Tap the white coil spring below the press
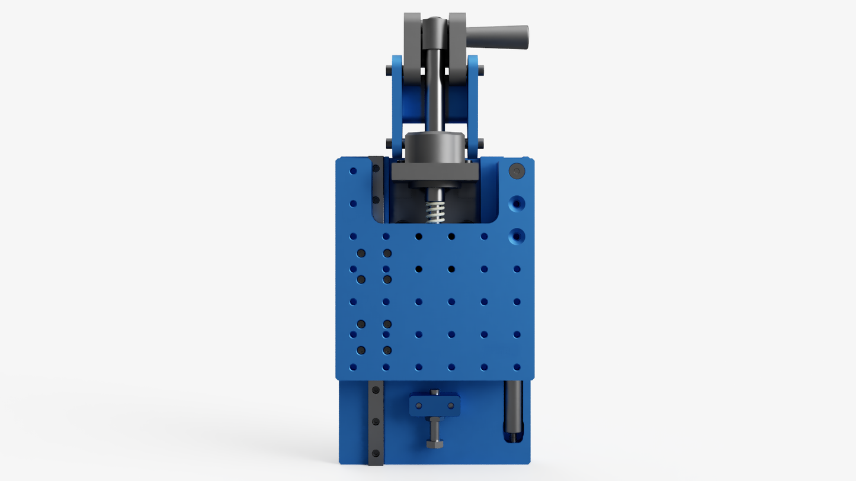[435, 212]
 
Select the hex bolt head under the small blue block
[435, 443]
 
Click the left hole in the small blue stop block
[419, 406]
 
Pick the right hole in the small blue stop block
[451, 406]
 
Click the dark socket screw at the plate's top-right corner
[517, 171]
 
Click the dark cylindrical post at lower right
[514, 408]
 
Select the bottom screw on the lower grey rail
[376, 453]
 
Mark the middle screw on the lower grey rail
[376, 422]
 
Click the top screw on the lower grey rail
[376, 390]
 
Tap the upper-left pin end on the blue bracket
[389, 70]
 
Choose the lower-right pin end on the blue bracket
[480, 144]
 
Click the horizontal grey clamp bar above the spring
[435, 172]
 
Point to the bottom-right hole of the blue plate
[517, 367]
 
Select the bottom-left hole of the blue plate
[353, 367]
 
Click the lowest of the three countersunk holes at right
[517, 237]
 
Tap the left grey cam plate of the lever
[412, 47]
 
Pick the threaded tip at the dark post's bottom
[512, 438]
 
